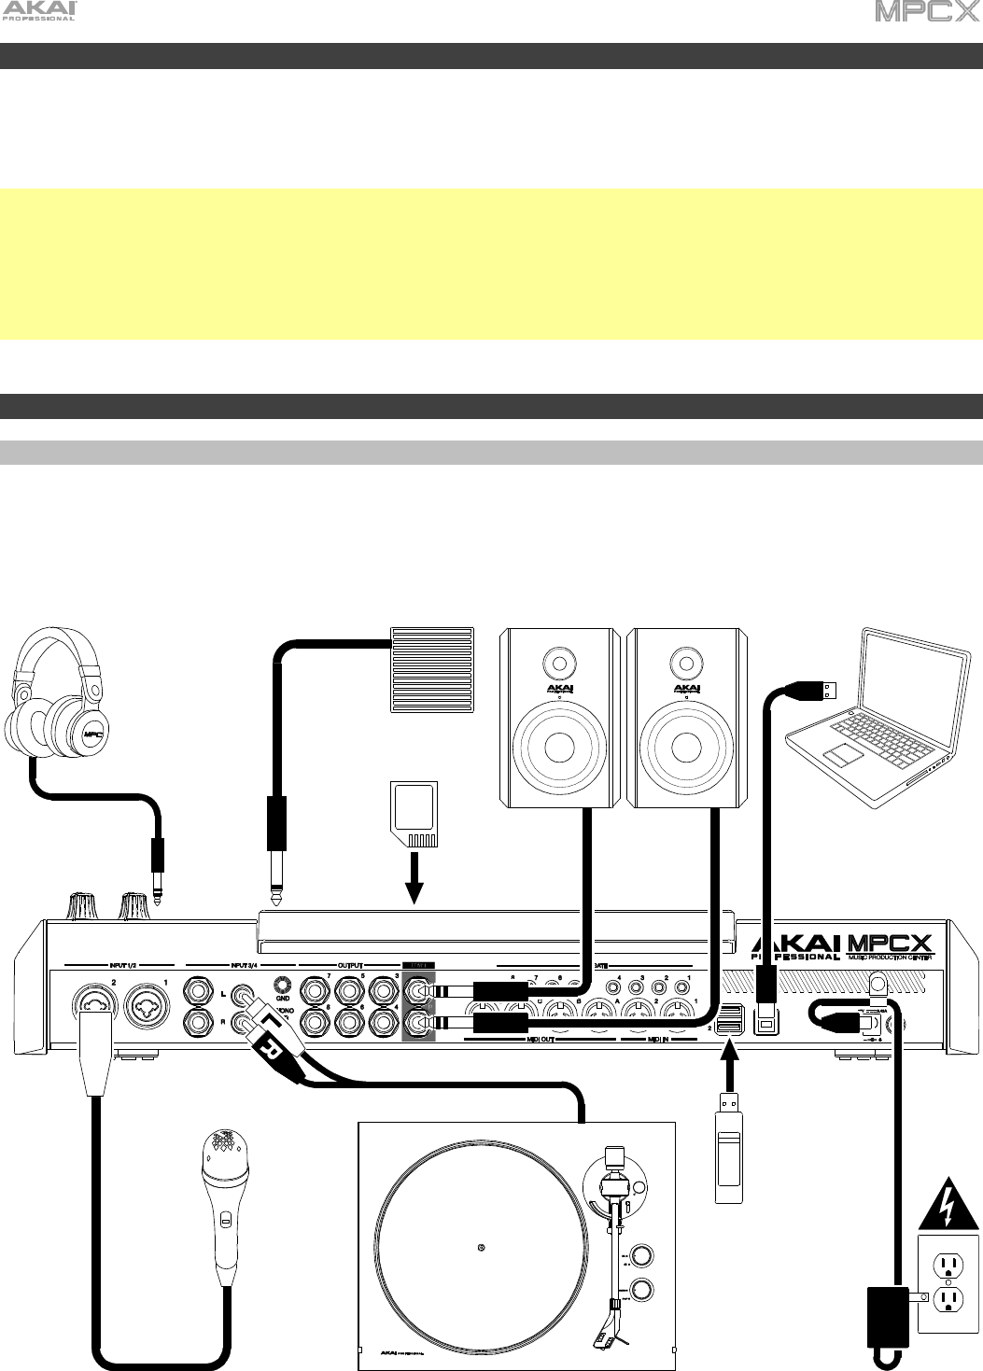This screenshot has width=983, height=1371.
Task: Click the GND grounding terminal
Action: click(x=281, y=986)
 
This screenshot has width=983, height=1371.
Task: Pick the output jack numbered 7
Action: click(x=311, y=989)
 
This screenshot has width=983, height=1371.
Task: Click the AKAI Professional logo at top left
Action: click(x=40, y=12)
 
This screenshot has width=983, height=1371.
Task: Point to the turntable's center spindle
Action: click(x=480, y=1247)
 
